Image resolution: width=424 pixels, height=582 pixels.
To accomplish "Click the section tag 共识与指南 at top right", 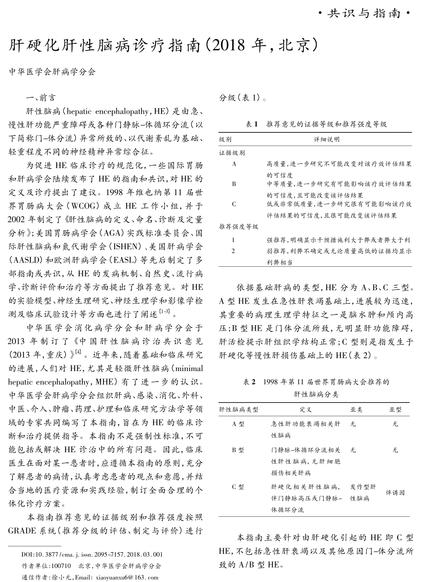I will (364, 14).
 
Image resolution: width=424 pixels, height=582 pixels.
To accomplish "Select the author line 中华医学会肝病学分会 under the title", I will (52, 72).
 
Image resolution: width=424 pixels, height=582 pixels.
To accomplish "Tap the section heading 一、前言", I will (41, 98).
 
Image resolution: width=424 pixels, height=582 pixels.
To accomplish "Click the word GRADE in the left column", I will (22, 530).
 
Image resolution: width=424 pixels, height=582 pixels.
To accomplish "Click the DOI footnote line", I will (92, 554).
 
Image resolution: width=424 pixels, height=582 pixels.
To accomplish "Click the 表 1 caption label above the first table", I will (251, 124).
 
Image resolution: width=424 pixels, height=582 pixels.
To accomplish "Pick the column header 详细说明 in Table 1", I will (327, 139).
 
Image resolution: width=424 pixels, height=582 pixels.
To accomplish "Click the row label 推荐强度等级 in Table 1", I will (239, 227).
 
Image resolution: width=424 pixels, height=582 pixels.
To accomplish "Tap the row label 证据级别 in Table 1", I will (232, 153).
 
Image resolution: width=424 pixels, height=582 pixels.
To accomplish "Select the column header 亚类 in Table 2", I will (356, 409).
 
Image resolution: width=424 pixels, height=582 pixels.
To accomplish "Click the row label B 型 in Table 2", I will (238, 450).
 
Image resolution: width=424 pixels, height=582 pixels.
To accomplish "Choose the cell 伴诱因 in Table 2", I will (395, 492).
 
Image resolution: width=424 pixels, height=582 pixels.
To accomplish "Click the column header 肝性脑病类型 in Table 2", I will (239, 409).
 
